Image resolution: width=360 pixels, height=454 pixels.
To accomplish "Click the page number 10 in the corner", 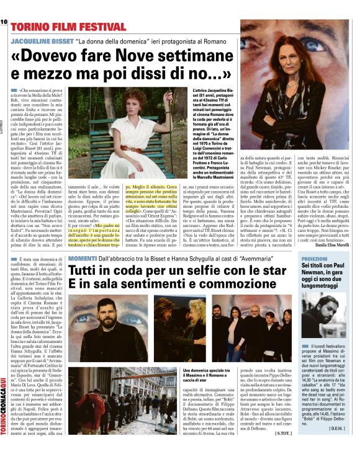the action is click(4, 22).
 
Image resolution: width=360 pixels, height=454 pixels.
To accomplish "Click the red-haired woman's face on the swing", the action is click(138, 100).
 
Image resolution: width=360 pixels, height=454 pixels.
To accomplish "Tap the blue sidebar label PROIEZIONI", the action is click(320, 256).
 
